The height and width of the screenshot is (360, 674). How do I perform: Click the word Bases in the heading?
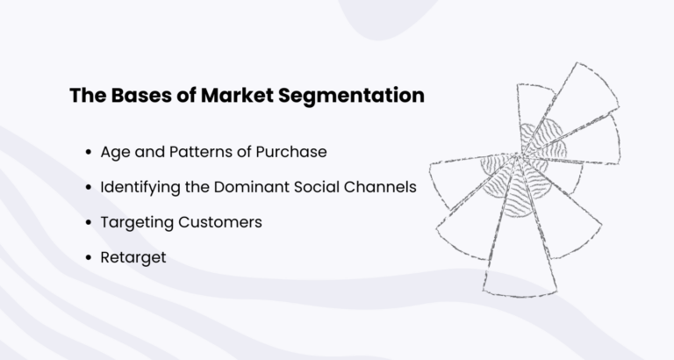coord(132,96)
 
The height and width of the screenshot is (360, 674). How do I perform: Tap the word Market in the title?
coord(231,96)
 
